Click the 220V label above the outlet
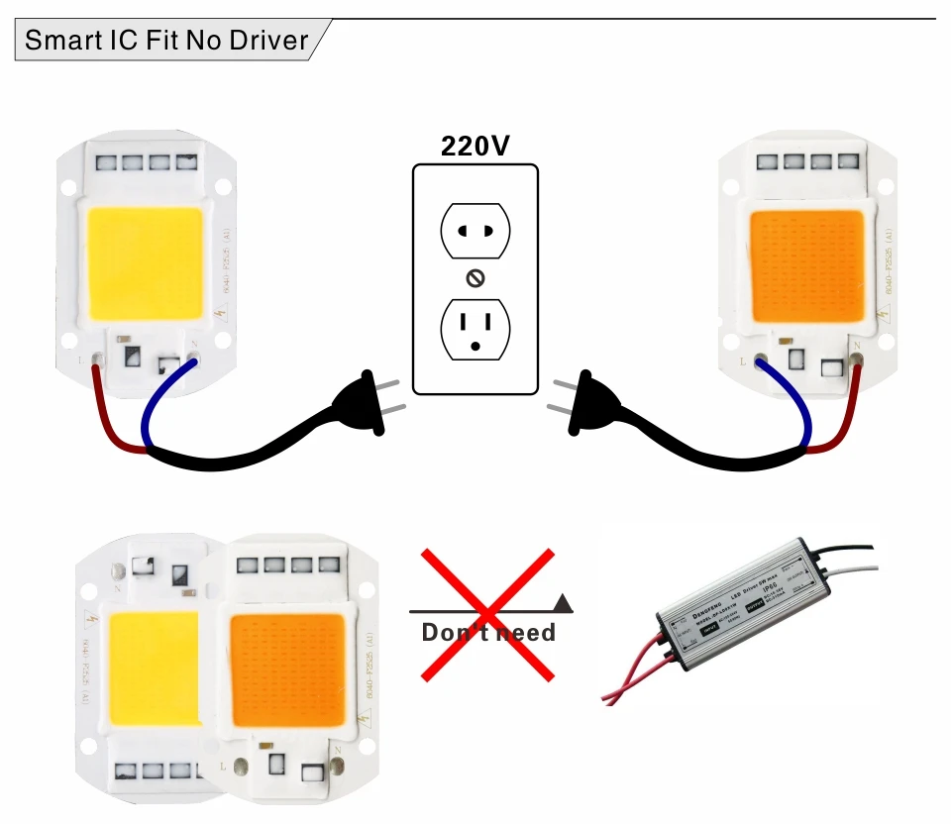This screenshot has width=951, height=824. click(475, 146)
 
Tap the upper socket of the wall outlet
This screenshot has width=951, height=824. click(475, 232)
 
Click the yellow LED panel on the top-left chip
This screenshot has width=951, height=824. click(146, 262)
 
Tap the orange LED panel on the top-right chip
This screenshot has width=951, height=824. click(806, 265)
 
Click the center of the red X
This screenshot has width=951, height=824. click(486, 615)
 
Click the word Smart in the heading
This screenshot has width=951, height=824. click(60, 42)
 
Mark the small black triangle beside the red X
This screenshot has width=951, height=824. click(563, 600)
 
